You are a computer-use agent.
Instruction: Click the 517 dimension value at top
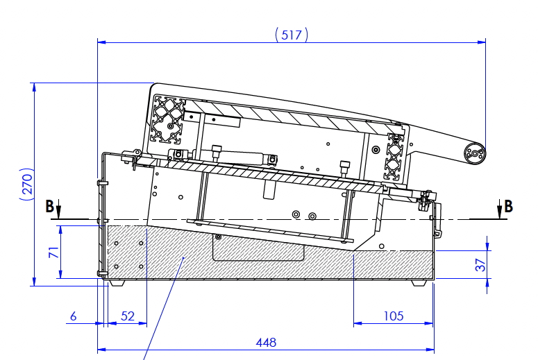click(292, 35)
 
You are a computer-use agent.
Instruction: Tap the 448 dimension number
click(266, 342)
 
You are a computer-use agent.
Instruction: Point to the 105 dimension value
click(393, 316)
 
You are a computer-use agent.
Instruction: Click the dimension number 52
click(128, 316)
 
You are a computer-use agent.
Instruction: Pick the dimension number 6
click(73, 316)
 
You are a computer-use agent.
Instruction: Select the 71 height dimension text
click(54, 252)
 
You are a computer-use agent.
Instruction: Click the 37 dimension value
click(480, 265)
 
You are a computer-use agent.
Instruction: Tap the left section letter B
click(49, 207)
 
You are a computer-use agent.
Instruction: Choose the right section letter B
click(508, 207)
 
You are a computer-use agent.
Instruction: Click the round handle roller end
click(475, 153)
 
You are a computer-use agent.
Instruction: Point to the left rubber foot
click(117, 283)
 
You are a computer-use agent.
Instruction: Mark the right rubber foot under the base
click(419, 283)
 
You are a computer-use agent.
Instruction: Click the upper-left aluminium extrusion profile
click(167, 119)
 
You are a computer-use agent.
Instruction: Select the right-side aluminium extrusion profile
click(395, 157)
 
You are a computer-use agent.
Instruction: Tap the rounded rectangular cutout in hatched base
click(258, 247)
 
